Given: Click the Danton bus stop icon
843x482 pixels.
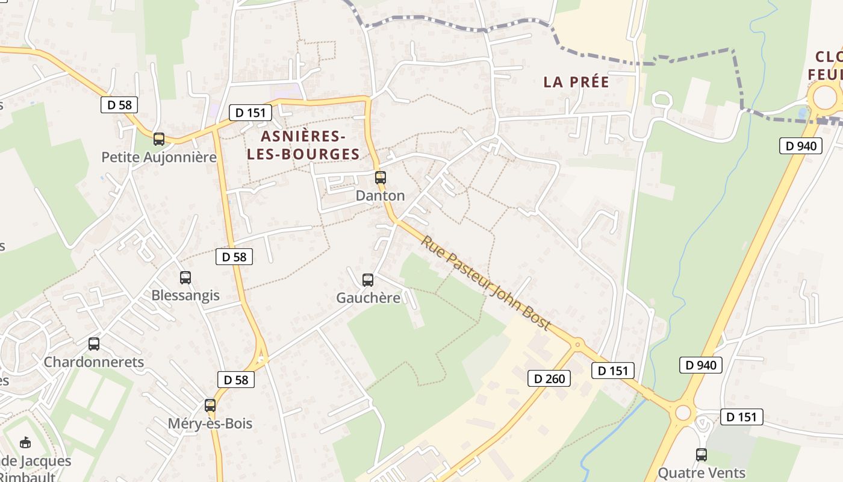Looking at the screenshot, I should click(x=380, y=177).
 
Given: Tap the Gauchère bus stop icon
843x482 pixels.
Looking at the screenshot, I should click(x=367, y=280).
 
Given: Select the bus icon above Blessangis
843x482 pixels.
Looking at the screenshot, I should click(x=185, y=277).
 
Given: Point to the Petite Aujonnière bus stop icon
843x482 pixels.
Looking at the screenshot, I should click(x=159, y=139).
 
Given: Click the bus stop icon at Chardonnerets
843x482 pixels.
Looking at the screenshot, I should click(x=94, y=343).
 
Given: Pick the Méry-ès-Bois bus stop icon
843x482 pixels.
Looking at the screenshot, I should click(x=210, y=405).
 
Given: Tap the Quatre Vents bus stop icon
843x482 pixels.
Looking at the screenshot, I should click(x=701, y=454).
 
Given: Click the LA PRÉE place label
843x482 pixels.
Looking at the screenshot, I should click(x=576, y=82).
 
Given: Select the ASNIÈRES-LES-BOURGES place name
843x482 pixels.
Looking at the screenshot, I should click(x=303, y=145).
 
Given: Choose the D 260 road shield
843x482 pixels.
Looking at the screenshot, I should click(x=549, y=378).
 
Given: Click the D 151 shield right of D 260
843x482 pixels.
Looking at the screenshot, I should click(x=613, y=371).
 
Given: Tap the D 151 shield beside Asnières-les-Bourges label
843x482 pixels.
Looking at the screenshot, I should click(x=250, y=113).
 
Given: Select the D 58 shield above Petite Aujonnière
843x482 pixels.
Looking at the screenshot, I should click(x=119, y=105).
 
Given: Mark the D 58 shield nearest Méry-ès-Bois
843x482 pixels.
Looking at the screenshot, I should click(x=236, y=380).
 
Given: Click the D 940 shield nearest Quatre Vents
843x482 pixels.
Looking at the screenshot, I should click(x=701, y=365).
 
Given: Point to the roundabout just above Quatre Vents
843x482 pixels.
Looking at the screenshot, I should click(x=683, y=413).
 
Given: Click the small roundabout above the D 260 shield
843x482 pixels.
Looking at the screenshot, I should click(x=577, y=345).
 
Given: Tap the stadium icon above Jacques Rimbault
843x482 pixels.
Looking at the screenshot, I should click(x=25, y=443).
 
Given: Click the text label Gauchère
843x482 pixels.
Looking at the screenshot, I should click(x=368, y=298).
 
